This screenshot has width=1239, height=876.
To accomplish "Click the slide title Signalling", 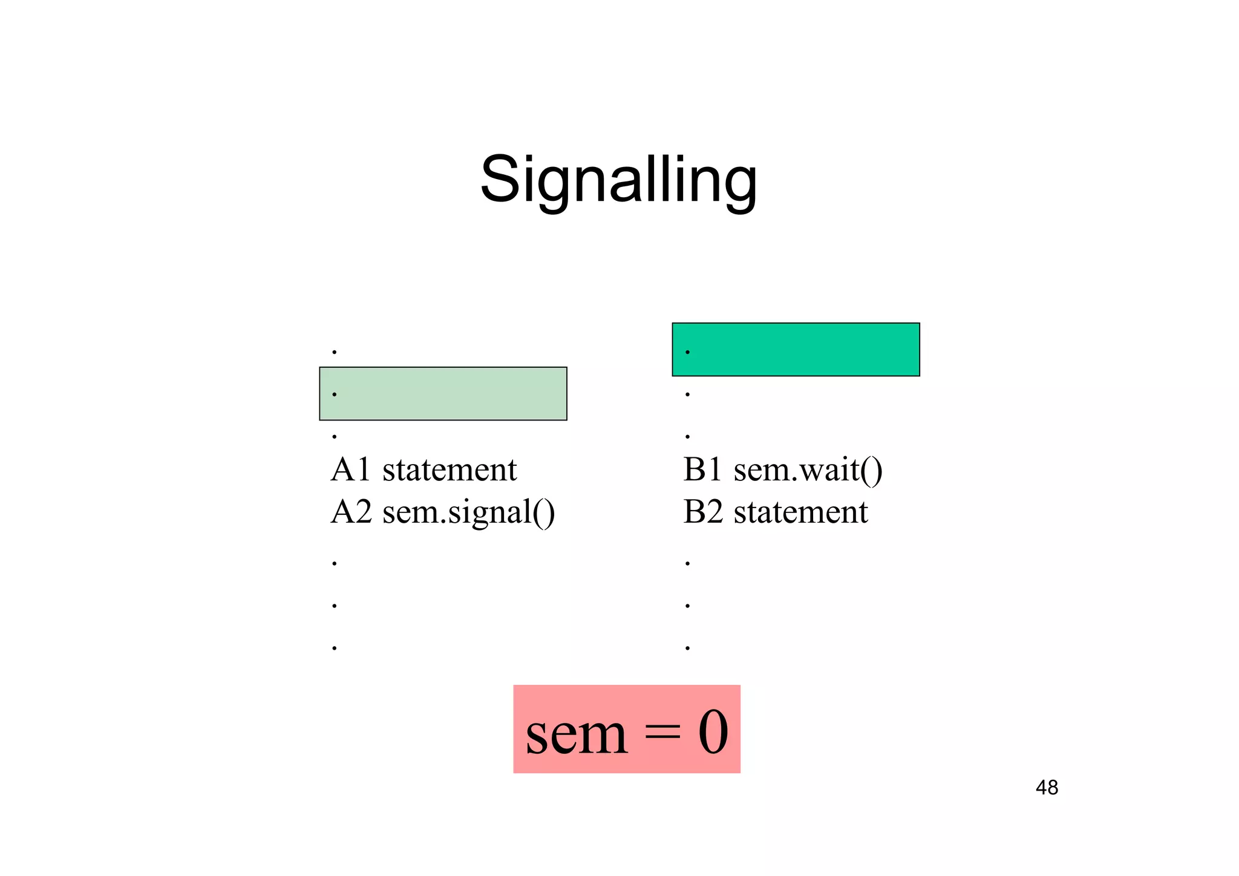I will click(618, 180).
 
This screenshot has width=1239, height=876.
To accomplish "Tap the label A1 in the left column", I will click(350, 469).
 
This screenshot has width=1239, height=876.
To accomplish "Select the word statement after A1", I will click(450, 469).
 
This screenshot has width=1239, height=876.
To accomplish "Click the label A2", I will click(351, 512).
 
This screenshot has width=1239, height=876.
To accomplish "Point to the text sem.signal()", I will click(469, 513).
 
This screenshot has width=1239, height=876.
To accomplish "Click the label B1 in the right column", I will click(702, 469).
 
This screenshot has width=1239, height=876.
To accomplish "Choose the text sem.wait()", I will click(808, 470).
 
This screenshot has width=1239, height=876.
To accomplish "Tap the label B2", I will click(703, 512).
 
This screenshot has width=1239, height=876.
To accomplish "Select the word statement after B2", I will click(800, 512).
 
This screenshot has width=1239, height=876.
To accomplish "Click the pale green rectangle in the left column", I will click(443, 393).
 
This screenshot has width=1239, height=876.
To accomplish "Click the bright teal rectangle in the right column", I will click(796, 349).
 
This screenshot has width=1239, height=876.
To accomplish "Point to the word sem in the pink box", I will click(577, 733).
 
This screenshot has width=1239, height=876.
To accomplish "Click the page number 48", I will click(1047, 788).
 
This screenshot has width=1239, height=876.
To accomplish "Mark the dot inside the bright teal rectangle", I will click(687, 351).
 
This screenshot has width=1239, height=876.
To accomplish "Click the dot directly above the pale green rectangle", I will click(334, 351).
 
